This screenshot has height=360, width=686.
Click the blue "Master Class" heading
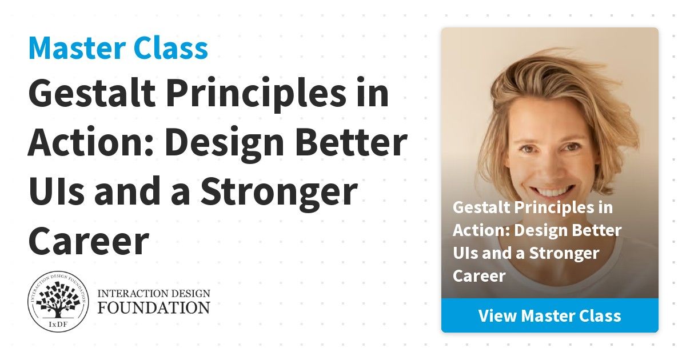pos(118,49)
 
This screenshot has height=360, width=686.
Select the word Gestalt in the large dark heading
pos(92,93)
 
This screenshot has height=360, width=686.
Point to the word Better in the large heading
pos(351,142)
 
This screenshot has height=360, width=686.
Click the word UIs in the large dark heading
pos(57,191)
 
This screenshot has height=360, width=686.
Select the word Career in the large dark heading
pos(89,241)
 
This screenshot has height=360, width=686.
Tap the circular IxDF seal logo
pos(58,302)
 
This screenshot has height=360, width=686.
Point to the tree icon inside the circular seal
pos(58,301)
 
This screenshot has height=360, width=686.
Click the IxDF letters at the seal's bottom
pos(58,324)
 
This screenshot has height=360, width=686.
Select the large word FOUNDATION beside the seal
pos(154,307)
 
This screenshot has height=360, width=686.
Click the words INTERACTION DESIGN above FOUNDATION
pos(154,294)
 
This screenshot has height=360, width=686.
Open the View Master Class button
pos(550,315)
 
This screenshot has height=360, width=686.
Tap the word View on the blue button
pos(498,315)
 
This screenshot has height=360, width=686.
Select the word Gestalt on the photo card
pos(481,207)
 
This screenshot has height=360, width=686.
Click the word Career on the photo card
pos(479,276)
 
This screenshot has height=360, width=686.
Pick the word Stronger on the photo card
pos(564,254)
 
